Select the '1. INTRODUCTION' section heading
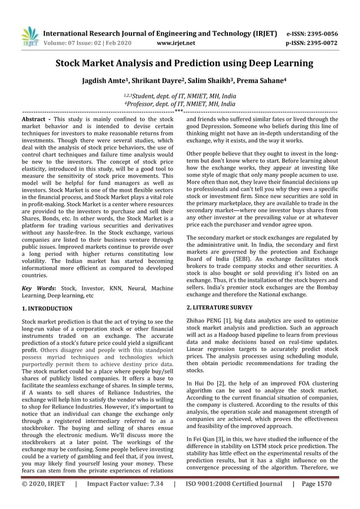pos(47,309)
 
